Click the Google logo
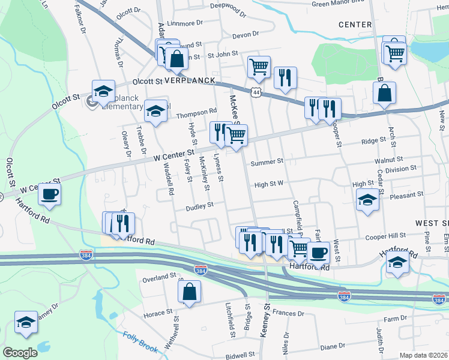(x=20, y=353)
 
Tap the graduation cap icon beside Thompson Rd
(x=155, y=110)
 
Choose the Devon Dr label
(x=245, y=35)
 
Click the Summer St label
(x=267, y=162)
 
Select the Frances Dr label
(x=288, y=313)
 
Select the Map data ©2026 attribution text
(x=423, y=355)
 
